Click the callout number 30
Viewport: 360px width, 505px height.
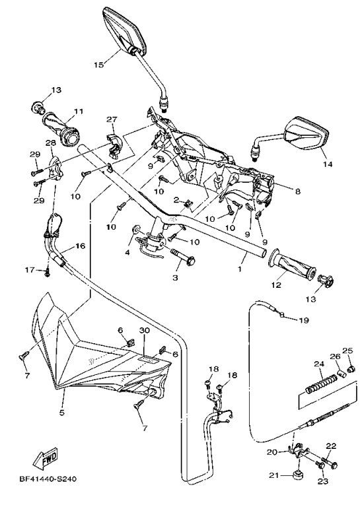coord(145,329)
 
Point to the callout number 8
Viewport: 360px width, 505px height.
coord(298,191)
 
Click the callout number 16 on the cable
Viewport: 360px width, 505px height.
coord(81,246)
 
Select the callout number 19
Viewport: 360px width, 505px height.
coord(303,321)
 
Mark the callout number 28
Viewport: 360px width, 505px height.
coord(50,143)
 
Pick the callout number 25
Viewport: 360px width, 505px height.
coord(347,351)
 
